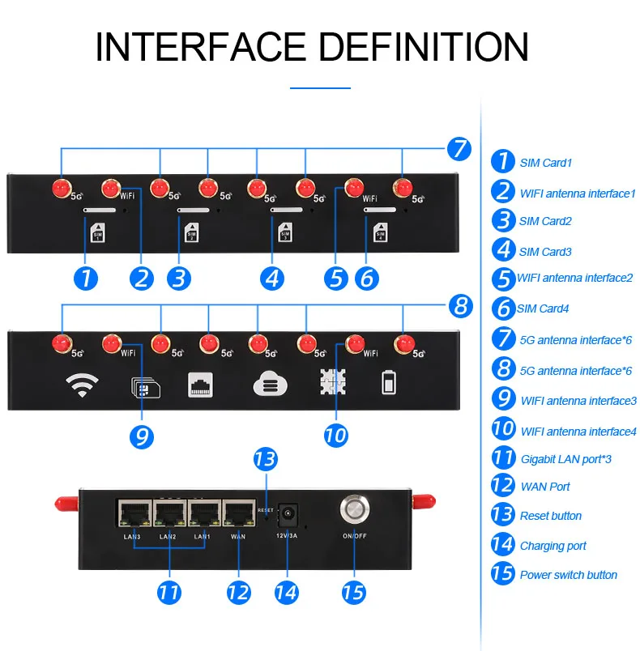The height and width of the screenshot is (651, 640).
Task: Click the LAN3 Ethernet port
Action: (130, 513)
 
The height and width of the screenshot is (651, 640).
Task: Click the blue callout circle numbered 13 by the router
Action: (265, 460)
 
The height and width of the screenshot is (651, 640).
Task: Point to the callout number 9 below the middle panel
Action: (142, 436)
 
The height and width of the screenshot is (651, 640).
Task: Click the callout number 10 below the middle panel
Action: (335, 434)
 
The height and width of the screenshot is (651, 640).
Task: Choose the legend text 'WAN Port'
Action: (544, 487)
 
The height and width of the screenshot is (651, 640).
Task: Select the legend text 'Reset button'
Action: (550, 516)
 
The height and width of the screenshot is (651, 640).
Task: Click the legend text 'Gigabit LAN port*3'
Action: (565, 459)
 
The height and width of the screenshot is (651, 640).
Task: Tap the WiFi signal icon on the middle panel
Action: (82, 385)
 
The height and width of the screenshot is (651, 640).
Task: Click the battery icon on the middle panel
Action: (390, 384)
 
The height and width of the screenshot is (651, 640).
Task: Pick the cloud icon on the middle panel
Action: (268, 384)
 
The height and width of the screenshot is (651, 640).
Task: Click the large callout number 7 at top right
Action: (459, 149)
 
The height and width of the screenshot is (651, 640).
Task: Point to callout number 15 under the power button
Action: (352, 592)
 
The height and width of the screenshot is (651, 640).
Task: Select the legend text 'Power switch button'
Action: (568, 575)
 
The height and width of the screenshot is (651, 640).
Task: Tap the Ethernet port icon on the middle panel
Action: (200, 384)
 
